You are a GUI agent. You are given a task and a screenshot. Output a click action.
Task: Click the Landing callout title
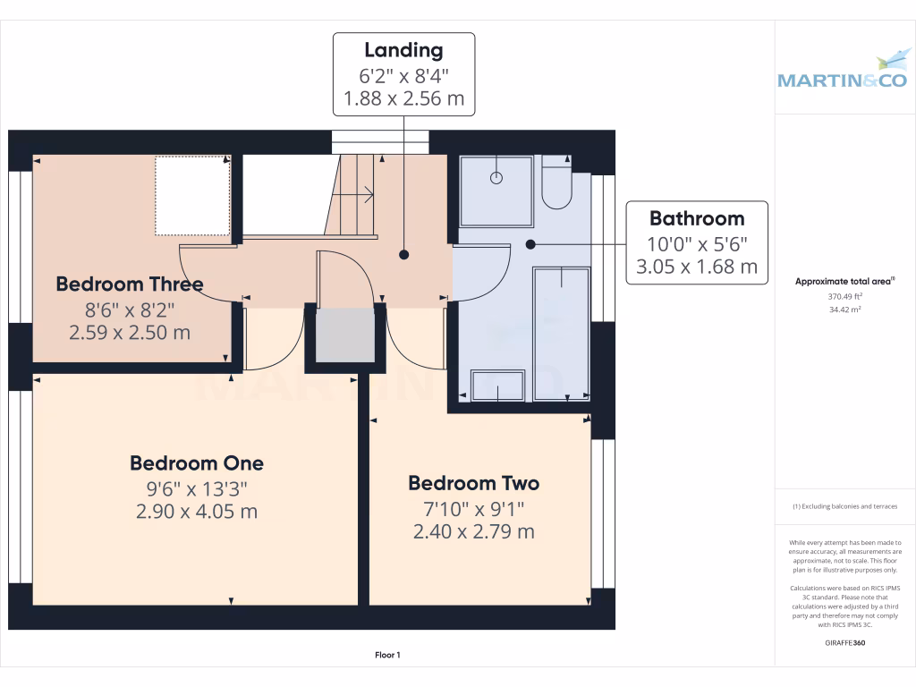point(403,50)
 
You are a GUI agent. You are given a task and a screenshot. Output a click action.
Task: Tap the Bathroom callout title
point(696,218)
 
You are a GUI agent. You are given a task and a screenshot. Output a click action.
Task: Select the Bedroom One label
point(197,463)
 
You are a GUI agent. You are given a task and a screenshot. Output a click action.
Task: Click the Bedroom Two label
point(473,483)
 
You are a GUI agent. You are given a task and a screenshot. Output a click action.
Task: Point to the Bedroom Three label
point(130,284)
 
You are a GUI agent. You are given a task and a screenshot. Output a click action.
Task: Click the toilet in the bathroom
point(556,183)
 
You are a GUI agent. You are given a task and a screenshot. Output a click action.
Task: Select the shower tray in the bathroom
point(496,191)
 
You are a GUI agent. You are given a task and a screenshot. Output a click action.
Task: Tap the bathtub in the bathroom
point(561,332)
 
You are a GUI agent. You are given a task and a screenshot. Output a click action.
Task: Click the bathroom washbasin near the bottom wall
point(496,385)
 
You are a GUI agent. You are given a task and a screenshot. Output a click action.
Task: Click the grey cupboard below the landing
point(345,335)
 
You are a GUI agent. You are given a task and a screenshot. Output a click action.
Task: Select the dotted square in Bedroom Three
point(192,196)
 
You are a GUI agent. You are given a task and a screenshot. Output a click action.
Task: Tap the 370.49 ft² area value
point(845,296)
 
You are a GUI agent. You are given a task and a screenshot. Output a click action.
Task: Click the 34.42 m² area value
point(845,310)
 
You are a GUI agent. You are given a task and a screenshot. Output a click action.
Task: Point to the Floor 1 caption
point(387,656)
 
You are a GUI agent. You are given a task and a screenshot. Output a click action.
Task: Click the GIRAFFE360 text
point(845,643)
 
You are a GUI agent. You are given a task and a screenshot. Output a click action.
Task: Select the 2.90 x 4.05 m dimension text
point(197,512)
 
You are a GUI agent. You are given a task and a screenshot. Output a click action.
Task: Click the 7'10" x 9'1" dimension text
point(473,508)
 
